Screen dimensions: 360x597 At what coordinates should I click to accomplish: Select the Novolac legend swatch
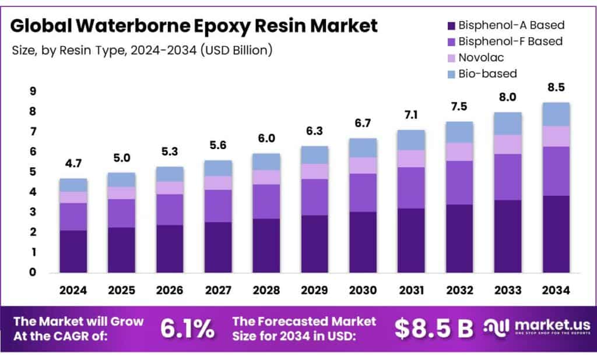click(x=449, y=58)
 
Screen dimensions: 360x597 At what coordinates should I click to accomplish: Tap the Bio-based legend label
click(x=487, y=73)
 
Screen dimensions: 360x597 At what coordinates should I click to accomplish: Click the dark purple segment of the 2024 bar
click(x=73, y=251)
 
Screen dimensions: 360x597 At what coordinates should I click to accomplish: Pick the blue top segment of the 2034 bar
click(x=556, y=114)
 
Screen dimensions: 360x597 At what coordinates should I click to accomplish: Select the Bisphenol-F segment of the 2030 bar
click(x=363, y=192)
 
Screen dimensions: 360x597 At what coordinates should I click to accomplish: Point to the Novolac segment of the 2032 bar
click(x=459, y=151)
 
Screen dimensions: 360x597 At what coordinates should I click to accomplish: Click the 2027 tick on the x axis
click(x=218, y=290)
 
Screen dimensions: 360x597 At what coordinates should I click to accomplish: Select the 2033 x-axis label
click(x=507, y=290)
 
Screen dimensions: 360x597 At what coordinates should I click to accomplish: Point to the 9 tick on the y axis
click(x=33, y=91)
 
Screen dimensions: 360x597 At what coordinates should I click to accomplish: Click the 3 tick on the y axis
click(x=33, y=212)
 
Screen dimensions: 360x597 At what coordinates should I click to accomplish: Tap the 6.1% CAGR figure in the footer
click(x=187, y=329)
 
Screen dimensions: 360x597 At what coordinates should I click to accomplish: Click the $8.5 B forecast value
click(x=434, y=329)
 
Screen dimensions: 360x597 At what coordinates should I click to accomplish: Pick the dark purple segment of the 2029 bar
click(x=315, y=243)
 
